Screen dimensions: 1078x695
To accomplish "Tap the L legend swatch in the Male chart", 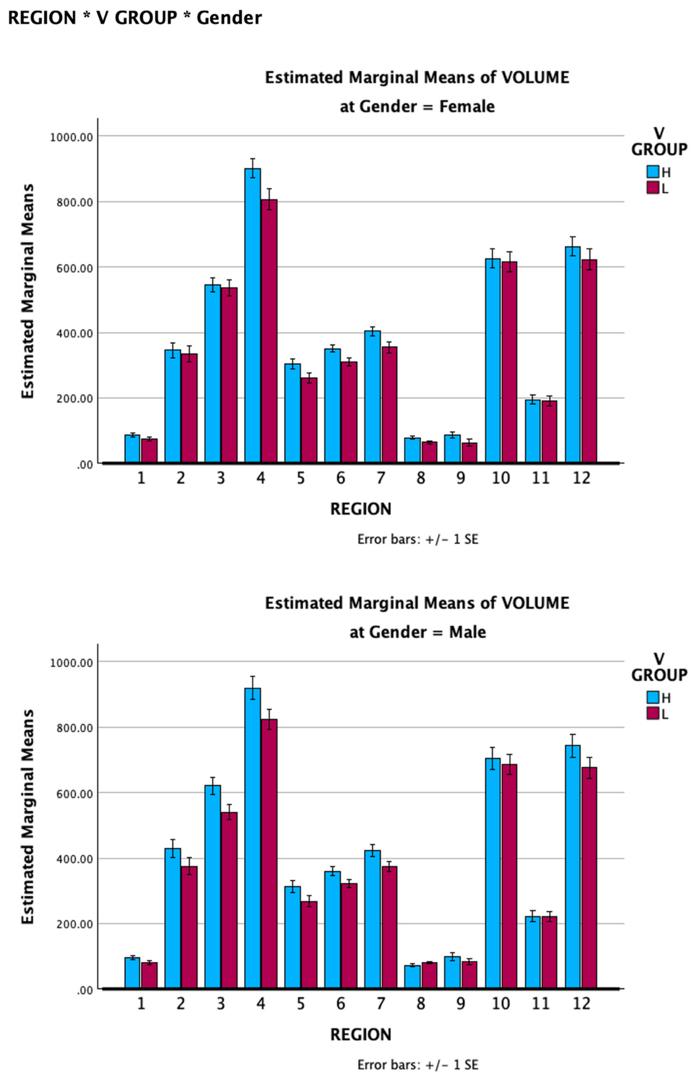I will tap(653, 713).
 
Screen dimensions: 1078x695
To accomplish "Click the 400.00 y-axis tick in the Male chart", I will tap(75, 859).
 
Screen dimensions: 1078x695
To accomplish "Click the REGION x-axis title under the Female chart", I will tap(361, 509).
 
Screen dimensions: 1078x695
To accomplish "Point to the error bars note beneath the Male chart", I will tap(417, 1065).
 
